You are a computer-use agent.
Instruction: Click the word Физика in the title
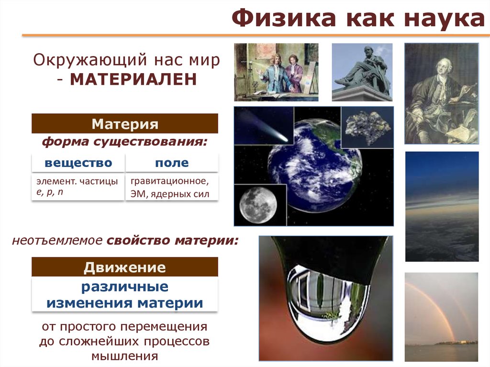pyautogui.click(x=283, y=18)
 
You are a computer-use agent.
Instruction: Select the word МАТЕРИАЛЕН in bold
pyautogui.click(x=134, y=79)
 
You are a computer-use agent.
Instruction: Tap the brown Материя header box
pyautogui.click(x=125, y=123)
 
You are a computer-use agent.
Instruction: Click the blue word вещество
pyautogui.click(x=78, y=163)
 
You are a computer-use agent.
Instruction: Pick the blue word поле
pyautogui.click(x=172, y=163)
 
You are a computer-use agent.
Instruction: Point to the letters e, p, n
pyautogui.click(x=50, y=191)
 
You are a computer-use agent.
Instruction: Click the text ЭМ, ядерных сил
pyautogui.click(x=170, y=194)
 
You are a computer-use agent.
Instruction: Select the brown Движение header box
pyautogui.click(x=125, y=267)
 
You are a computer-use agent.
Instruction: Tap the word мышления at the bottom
pyautogui.click(x=125, y=356)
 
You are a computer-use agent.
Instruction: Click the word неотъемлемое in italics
pyautogui.click(x=57, y=240)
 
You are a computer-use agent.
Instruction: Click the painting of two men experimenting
pyautogui.click(x=276, y=72)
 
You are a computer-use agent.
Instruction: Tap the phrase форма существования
pyautogui.click(x=125, y=142)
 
